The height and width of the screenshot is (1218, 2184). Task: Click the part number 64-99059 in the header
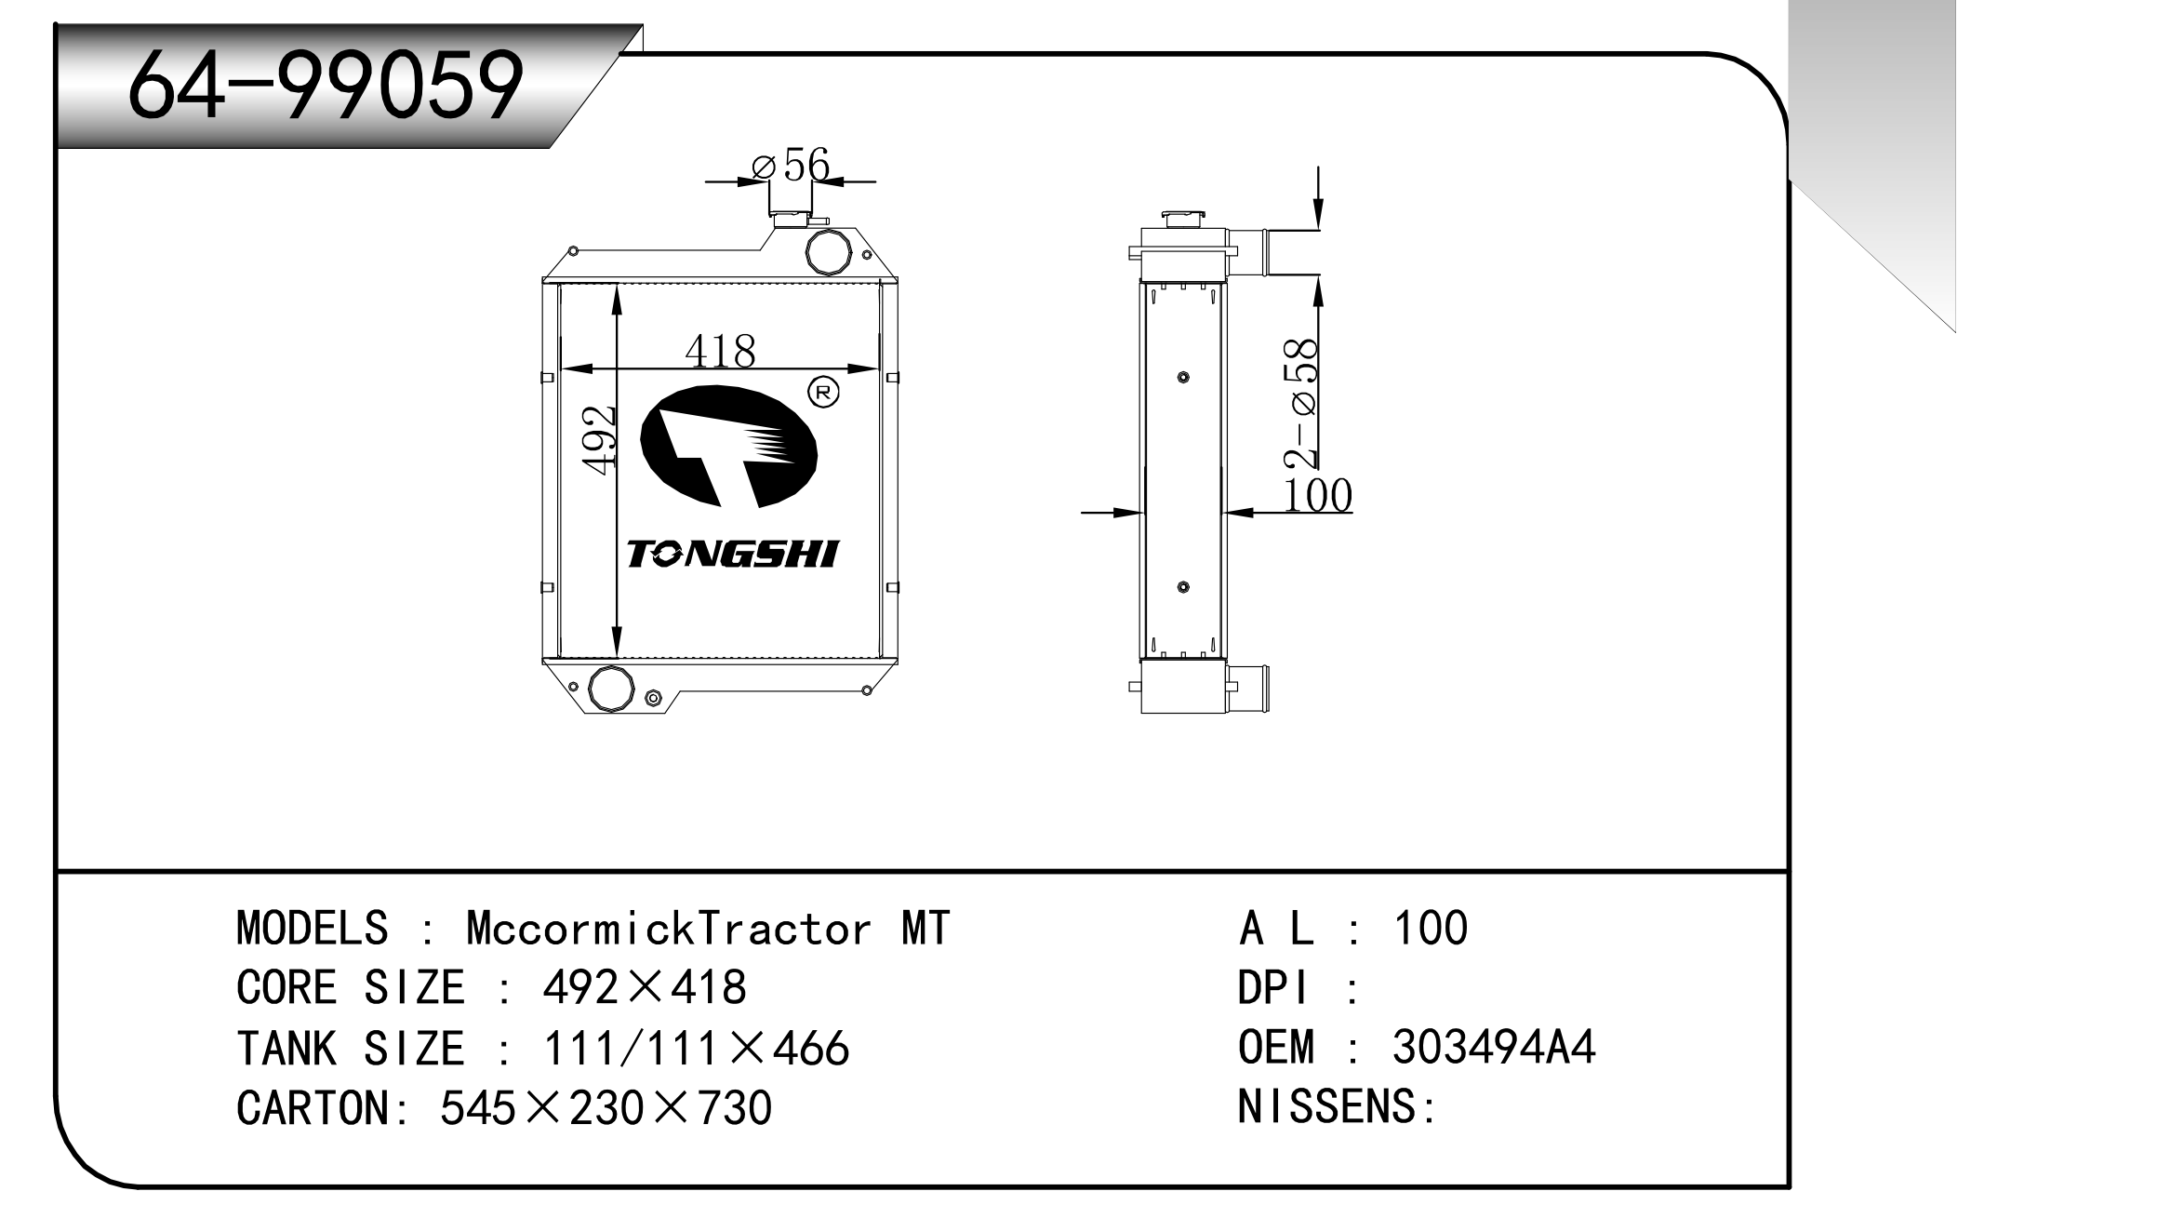pyautogui.click(x=325, y=86)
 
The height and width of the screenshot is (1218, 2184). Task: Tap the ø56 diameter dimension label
pyautogui.click(x=791, y=166)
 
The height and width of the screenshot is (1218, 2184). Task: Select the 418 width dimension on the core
pyautogui.click(x=720, y=351)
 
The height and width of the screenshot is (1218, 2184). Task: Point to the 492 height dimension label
pyautogui.click(x=600, y=439)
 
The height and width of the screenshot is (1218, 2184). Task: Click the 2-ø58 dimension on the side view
pyautogui.click(x=1299, y=403)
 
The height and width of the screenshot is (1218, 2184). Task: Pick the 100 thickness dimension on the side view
pyautogui.click(x=1317, y=495)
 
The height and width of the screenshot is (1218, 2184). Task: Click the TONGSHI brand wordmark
pyautogui.click(x=732, y=555)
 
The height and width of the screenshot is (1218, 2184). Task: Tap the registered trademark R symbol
pyautogui.click(x=823, y=392)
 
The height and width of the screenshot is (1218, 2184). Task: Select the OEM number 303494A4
pyautogui.click(x=1494, y=1047)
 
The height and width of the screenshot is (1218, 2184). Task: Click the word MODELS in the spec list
pyautogui.click(x=312, y=928)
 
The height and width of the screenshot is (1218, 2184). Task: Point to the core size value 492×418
pyautogui.click(x=644, y=987)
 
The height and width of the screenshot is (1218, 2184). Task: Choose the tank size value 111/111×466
pyautogui.click(x=696, y=1049)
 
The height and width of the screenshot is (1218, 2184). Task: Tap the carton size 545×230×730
pyautogui.click(x=606, y=1108)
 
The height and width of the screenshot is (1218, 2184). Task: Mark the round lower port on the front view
pyautogui.click(x=611, y=689)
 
